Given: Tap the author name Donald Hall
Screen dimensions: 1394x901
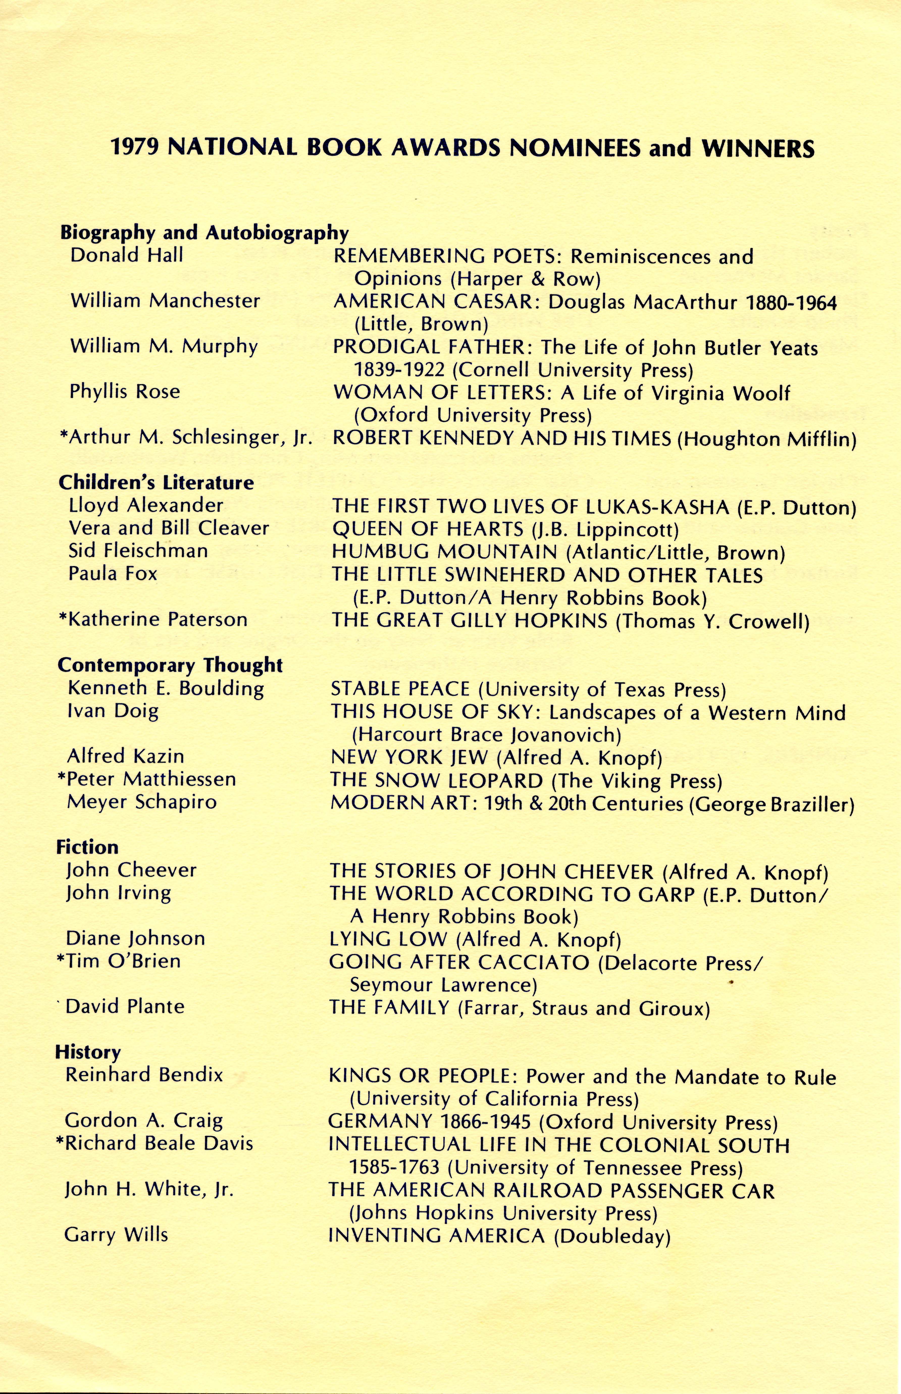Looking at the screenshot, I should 126,256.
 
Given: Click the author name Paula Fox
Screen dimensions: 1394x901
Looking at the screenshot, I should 113,574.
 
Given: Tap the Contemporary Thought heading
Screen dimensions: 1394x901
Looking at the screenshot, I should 170,665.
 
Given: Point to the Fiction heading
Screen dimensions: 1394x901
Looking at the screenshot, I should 87,847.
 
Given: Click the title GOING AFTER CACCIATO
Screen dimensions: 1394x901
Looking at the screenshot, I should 459,962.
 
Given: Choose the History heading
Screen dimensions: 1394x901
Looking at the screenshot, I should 88,1053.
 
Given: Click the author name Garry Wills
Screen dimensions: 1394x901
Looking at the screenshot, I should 116,1235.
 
